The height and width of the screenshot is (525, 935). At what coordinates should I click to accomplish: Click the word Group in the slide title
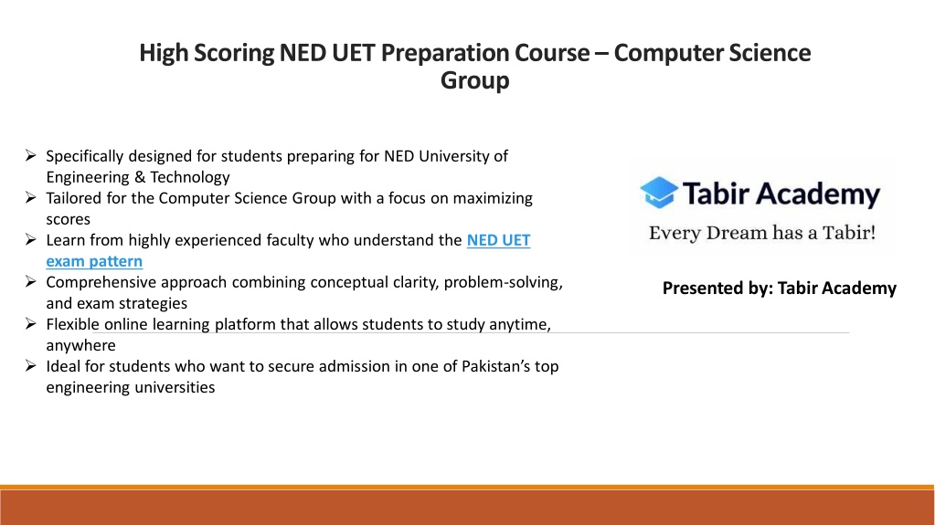point(474,80)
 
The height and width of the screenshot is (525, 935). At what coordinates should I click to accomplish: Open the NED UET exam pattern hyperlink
point(288,251)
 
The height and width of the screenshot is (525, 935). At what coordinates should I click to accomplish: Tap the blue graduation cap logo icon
point(659,193)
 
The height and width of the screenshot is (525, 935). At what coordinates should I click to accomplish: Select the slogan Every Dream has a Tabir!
point(762,233)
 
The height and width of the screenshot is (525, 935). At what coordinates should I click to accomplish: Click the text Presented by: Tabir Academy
point(780,289)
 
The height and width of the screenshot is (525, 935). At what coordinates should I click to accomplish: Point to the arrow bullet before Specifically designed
point(31,155)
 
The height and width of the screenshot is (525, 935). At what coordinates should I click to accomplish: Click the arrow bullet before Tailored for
point(31,198)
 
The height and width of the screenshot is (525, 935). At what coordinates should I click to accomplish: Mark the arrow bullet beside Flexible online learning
point(31,323)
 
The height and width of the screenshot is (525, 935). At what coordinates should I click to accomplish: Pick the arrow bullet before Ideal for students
point(31,366)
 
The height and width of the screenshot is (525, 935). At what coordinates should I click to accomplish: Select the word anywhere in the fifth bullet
point(81,346)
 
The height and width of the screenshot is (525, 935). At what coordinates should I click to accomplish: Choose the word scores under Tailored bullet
point(68,219)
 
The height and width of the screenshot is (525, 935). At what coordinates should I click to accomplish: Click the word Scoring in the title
point(233,53)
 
